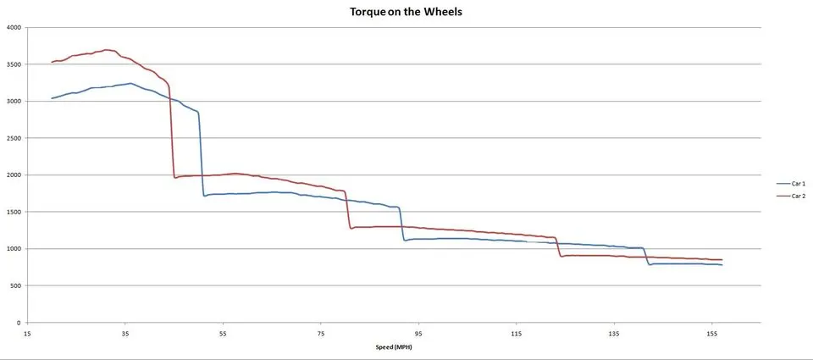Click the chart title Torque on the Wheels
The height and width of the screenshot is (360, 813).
pyautogui.click(x=406, y=12)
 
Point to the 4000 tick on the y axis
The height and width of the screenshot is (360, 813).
pyautogui.click(x=13, y=27)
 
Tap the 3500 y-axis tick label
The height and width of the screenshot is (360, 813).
pyautogui.click(x=13, y=64)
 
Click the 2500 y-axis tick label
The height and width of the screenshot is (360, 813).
pyautogui.click(x=13, y=138)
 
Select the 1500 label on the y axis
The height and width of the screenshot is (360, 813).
pyautogui.click(x=13, y=212)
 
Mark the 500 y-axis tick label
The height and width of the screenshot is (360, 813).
pyautogui.click(x=15, y=285)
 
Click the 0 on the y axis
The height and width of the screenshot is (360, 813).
pyautogui.click(x=18, y=323)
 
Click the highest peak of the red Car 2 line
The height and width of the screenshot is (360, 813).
pyautogui.click(x=107, y=50)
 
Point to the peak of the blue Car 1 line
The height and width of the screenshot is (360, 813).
pyautogui.click(x=130, y=83)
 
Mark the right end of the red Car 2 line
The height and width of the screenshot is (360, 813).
pyautogui.click(x=722, y=259)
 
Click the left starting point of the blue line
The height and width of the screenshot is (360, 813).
pyautogui.click(x=52, y=98)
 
